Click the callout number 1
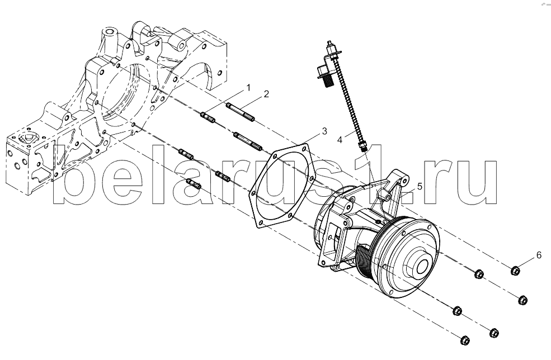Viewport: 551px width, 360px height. click(x=248, y=87)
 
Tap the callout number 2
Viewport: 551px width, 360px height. click(x=266, y=94)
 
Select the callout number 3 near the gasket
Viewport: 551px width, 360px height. click(x=324, y=131)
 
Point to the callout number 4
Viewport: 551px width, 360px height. click(x=340, y=140)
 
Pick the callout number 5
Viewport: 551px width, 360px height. click(x=420, y=186)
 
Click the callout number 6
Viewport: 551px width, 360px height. click(x=539, y=255)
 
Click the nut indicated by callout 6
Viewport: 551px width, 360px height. click(x=515, y=271)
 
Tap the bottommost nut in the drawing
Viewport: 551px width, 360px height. click(x=465, y=340)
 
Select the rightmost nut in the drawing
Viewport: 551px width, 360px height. click(x=523, y=300)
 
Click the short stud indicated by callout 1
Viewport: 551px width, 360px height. click(x=208, y=117)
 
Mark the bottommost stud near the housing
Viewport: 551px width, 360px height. click(x=194, y=184)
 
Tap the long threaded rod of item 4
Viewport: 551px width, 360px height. click(x=351, y=100)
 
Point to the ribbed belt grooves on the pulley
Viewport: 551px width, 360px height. click(x=365, y=264)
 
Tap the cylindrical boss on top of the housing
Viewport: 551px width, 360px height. click(x=110, y=35)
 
